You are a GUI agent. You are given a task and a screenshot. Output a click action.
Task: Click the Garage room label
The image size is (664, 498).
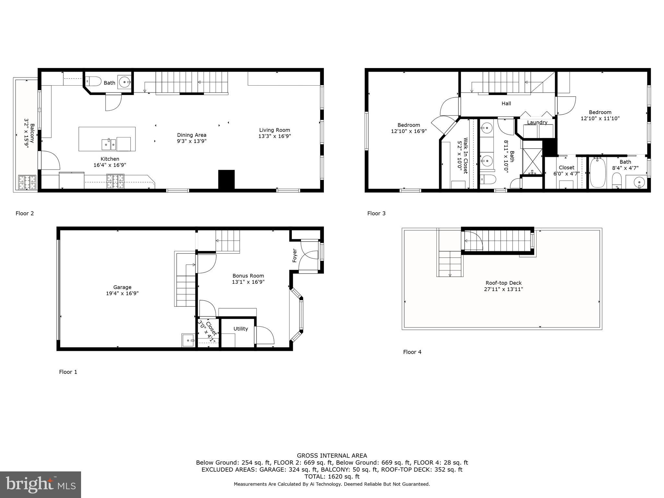point(122,287)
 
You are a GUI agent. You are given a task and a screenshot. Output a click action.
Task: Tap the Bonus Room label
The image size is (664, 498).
point(248,276)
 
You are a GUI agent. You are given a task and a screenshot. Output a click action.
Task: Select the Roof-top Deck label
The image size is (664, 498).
point(504,283)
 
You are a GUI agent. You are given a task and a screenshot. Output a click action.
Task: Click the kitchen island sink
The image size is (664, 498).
point(109,144)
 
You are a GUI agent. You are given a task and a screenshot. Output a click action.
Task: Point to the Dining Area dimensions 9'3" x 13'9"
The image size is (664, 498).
point(192,141)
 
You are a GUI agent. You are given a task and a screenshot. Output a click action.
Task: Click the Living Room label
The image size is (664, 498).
point(274,130)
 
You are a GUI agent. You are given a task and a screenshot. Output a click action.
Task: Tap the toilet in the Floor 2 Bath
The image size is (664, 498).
point(94,81)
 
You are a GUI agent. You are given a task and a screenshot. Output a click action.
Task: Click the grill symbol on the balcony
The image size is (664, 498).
point(27,182)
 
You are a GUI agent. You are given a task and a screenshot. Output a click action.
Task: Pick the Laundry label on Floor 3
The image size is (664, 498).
point(537,122)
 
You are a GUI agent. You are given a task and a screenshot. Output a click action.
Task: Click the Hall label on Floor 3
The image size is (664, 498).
point(506,103)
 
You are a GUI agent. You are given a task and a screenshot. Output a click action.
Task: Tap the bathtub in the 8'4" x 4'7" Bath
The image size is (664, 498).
point(598,173)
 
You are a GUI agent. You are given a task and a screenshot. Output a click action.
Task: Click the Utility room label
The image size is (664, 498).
point(241,329)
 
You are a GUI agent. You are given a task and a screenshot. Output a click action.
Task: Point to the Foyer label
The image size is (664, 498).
point(295,255)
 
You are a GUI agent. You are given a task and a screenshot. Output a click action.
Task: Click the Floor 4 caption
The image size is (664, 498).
point(412,352)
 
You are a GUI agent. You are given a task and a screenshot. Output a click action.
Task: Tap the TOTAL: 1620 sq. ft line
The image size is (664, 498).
point(332,477)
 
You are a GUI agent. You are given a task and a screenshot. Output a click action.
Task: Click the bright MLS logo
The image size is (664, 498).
point(41,484)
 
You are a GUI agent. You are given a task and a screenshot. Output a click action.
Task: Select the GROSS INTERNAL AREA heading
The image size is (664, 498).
point(332,456)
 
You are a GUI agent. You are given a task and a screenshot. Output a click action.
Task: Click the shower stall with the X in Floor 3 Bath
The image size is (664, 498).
point(532,161)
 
